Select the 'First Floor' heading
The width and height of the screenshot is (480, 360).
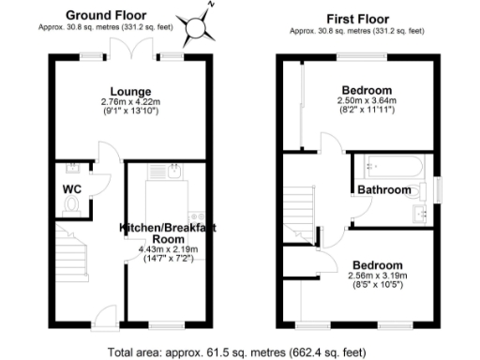(x=353, y=18)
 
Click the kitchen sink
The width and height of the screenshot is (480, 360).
(x=173, y=171)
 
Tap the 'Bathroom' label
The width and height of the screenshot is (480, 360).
(x=384, y=190)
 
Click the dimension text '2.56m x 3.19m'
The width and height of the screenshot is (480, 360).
(x=375, y=276)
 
